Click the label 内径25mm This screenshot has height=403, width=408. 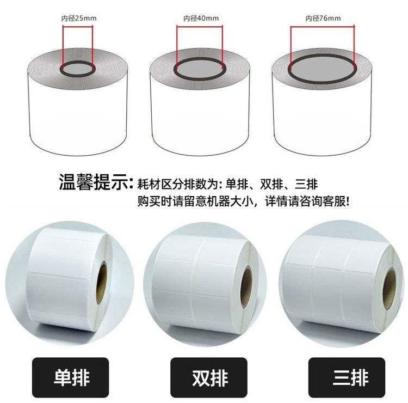point(79,18)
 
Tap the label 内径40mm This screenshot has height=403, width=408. point(201,18)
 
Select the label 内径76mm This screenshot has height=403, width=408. point(323,18)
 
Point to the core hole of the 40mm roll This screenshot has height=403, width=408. point(200,69)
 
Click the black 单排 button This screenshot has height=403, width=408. point(70,377)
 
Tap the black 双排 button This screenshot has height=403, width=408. point(209,377)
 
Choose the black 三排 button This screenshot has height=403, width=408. point(347,377)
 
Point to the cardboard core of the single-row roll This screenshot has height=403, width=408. point(102,283)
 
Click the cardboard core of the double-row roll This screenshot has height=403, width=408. point(246,287)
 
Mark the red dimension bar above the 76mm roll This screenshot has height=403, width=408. point(323,26)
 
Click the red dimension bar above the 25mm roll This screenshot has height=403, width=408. point(78,26)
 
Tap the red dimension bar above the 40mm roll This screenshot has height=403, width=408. point(200,26)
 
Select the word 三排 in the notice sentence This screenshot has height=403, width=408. point(306,184)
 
